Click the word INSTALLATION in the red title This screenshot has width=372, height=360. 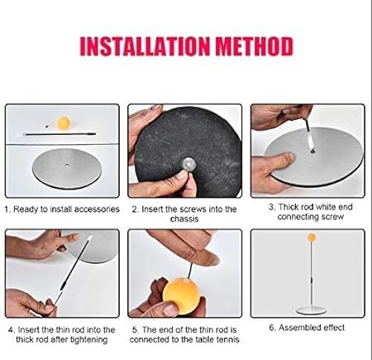[145, 46]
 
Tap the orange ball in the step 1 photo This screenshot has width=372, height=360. [64, 122]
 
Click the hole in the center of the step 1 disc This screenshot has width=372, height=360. [67, 166]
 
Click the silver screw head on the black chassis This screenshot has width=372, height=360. [188, 165]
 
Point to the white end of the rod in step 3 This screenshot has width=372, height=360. [311, 140]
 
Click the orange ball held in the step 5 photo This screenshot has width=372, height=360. [181, 293]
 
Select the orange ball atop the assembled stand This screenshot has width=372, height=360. [312, 238]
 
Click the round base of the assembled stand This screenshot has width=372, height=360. [312, 310]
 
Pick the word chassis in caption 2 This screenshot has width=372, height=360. [184, 219]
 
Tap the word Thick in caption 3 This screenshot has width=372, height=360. [289, 207]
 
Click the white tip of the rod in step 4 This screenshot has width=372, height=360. [89, 238]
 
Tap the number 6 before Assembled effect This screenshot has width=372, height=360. [272, 328]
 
